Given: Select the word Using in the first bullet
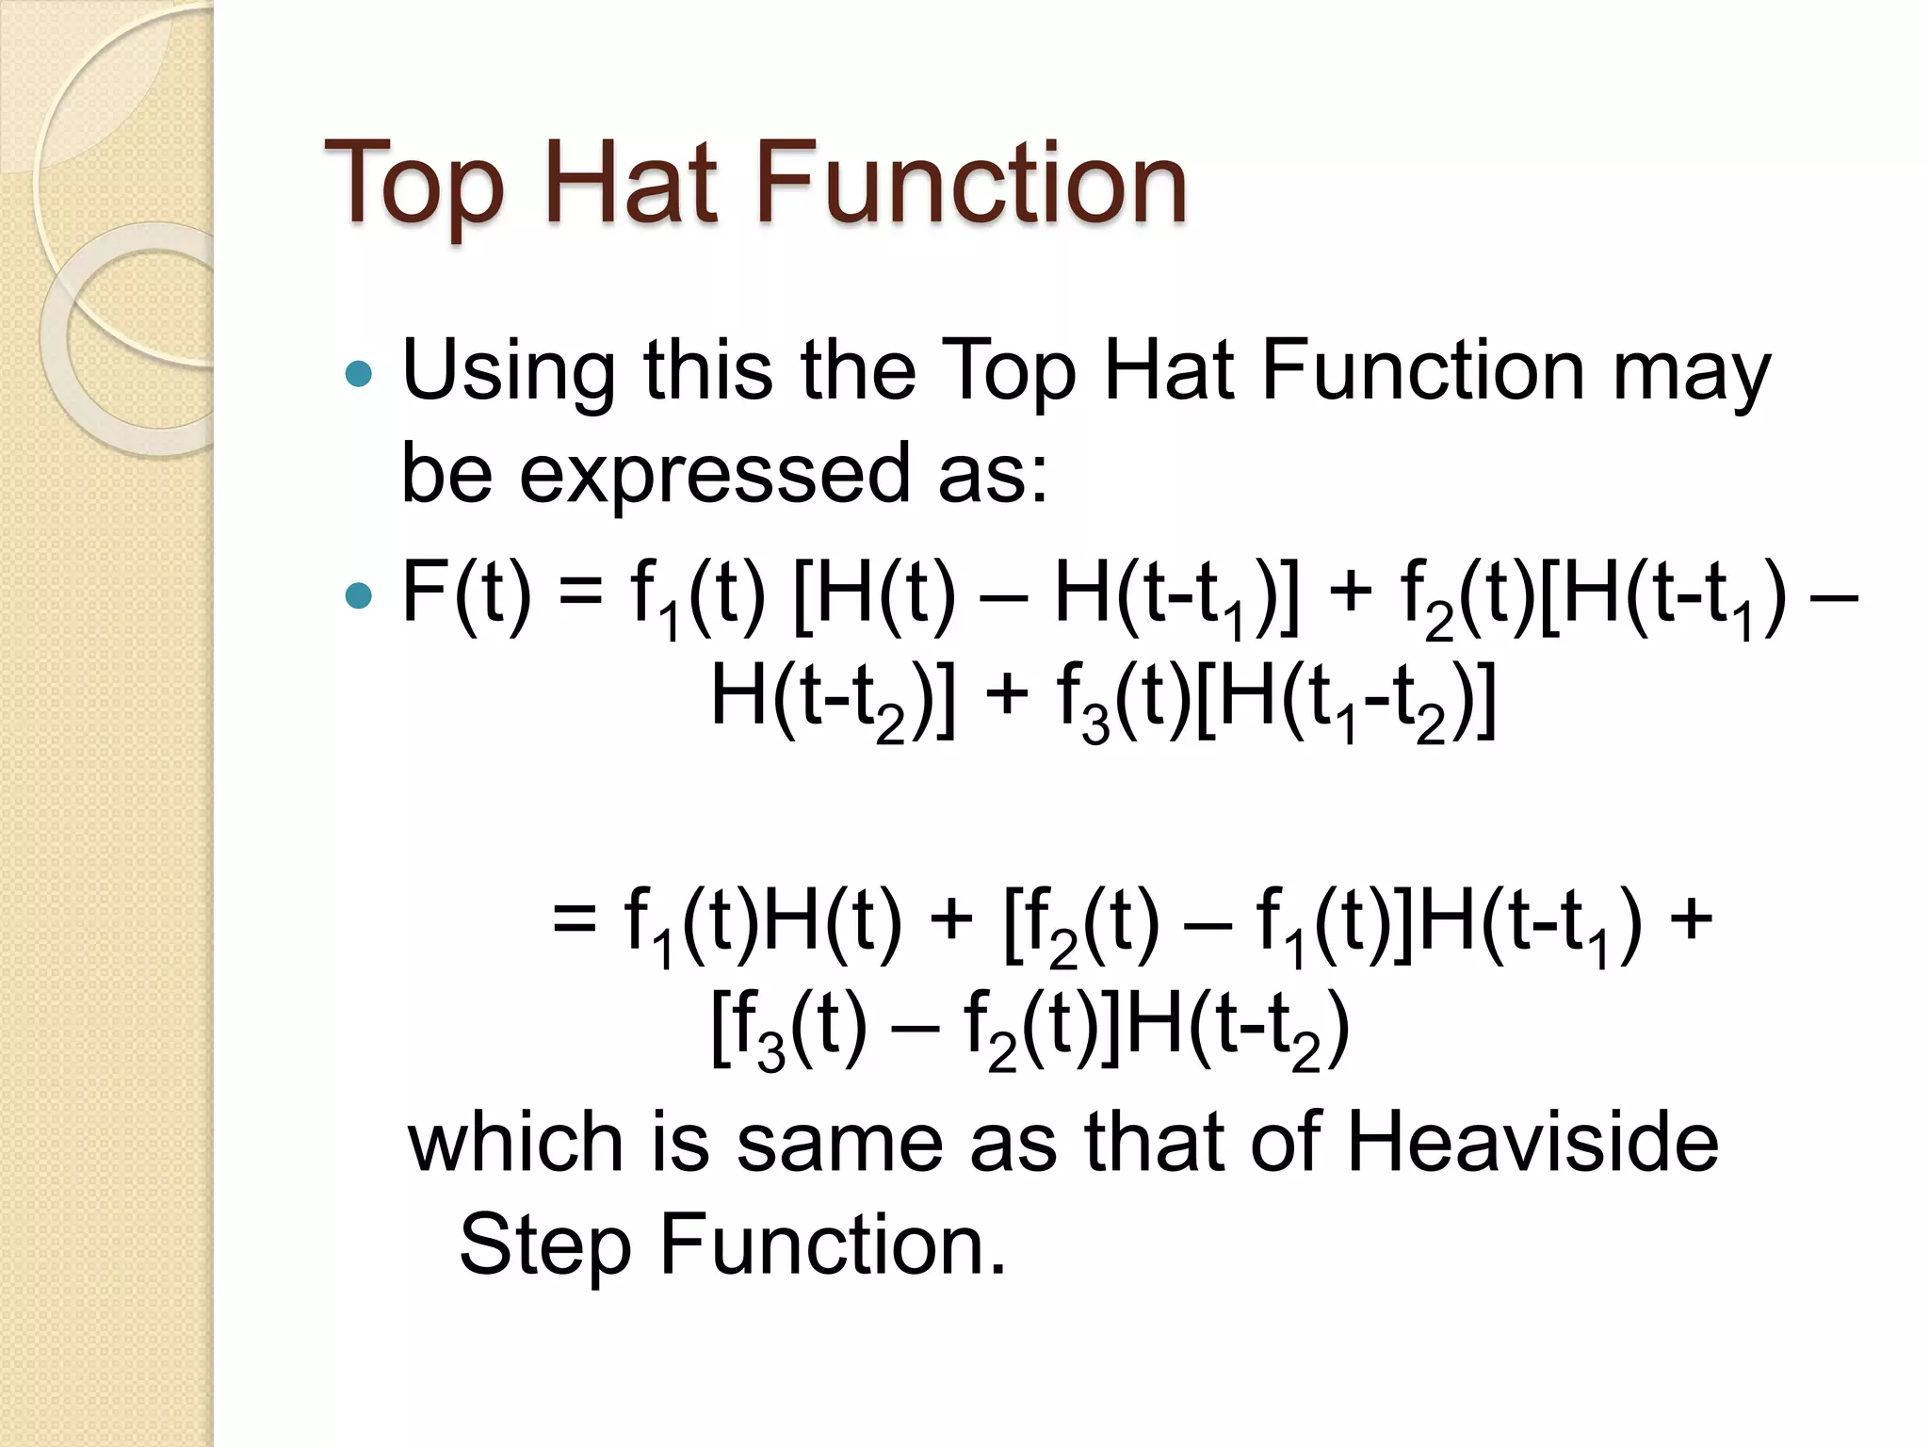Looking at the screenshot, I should (509, 372).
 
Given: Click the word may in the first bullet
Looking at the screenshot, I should (1691, 372).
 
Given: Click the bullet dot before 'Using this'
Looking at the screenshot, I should (359, 375).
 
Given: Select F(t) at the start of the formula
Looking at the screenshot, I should (466, 593).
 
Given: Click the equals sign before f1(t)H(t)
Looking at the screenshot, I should (575, 919).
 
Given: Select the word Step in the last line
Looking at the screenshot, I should (543, 1245).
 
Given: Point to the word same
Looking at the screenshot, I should (839, 1142).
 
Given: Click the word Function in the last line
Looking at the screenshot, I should (833, 1245).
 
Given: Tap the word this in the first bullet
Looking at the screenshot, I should (707, 372).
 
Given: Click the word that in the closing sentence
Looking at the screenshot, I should (1154, 1142).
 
